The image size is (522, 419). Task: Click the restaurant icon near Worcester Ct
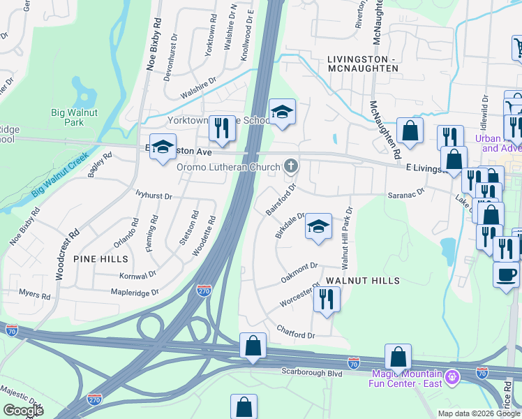coord(326,299)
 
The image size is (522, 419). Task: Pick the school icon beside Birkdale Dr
coord(318,227)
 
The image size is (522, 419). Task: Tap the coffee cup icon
coord(506,274)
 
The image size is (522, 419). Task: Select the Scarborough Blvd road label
coord(312,374)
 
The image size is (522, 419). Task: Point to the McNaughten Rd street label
coord(385,126)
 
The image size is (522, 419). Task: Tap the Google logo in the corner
coord(23,411)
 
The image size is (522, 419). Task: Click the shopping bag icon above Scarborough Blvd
coord(253,346)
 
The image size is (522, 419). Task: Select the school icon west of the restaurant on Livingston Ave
coord(163,147)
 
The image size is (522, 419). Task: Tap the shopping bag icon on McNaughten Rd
coord(410,130)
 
